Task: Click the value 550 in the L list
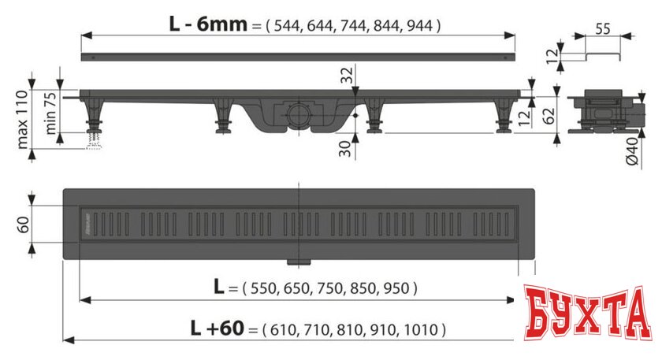(261, 288)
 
